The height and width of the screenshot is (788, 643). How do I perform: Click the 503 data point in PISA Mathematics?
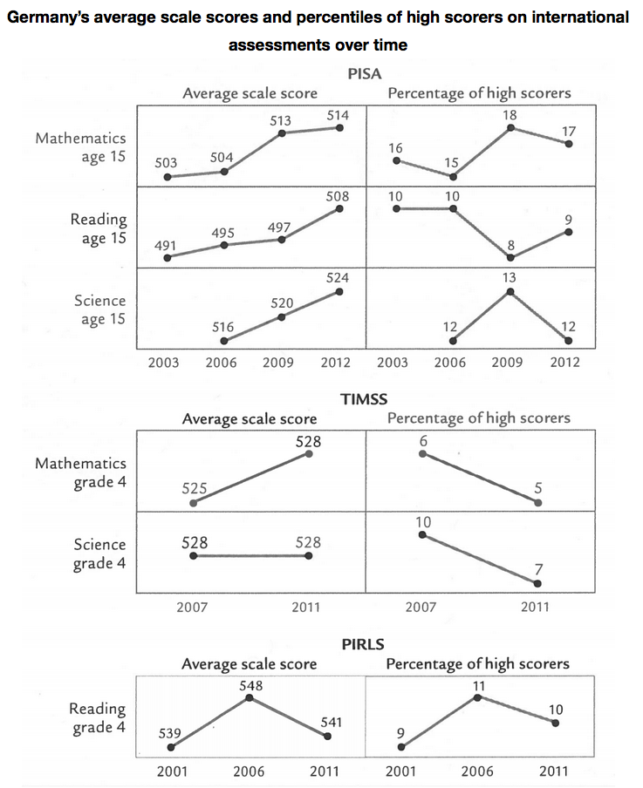coord(168,177)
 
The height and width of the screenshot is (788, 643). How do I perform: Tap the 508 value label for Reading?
coord(337,196)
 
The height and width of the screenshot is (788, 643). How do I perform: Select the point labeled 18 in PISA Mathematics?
coord(510,127)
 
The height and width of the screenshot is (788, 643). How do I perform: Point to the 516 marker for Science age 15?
coord(224,341)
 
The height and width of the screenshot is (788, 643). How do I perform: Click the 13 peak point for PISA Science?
coord(510,291)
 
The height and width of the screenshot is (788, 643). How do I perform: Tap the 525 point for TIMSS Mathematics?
coord(193,503)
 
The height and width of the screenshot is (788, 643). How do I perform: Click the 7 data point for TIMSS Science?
coord(537,583)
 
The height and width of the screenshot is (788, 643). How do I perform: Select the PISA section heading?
coord(365,74)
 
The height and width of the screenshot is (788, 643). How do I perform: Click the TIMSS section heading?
coord(364,399)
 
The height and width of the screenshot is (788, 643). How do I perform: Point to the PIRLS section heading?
coord(363,644)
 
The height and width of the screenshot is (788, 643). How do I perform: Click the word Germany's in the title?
coord(48,17)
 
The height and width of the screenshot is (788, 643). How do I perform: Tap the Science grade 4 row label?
coord(99,554)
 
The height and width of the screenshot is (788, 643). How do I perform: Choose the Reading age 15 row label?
coord(99,228)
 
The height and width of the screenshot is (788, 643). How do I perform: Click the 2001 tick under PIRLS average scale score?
coord(172,771)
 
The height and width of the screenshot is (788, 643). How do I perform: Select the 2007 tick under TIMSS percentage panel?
coord(421,607)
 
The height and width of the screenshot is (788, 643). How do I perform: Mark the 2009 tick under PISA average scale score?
coord(278,363)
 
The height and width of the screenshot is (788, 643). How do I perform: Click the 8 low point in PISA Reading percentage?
coord(510,258)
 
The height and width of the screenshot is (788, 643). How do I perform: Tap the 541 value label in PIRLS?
coord(331,722)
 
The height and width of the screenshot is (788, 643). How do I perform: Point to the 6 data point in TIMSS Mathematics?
coord(422,453)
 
